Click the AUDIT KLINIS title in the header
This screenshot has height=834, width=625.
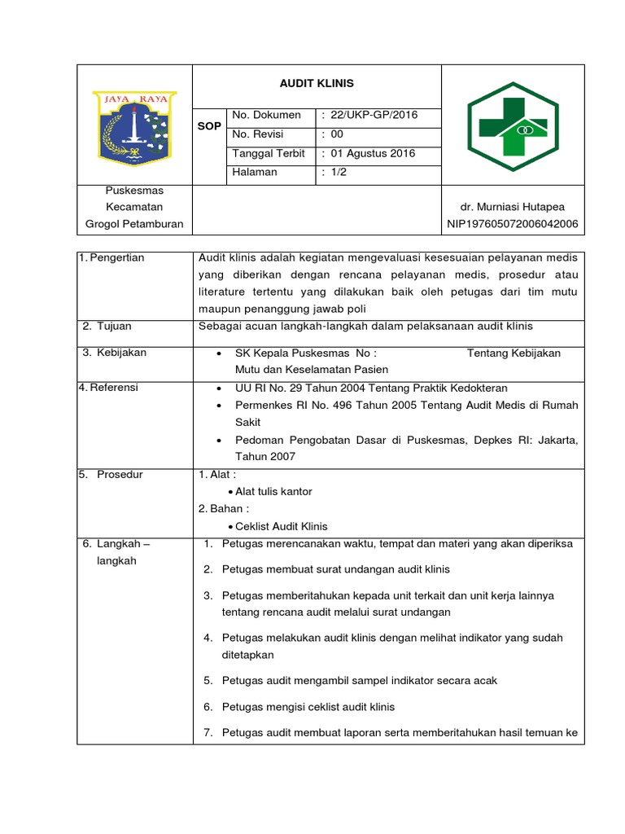coord(317,84)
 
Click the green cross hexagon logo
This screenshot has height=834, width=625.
coord(512,126)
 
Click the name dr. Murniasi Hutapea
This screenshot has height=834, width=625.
coord(512,207)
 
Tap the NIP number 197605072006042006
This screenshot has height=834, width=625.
coord(512,224)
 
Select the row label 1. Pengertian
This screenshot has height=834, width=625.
coord(111,258)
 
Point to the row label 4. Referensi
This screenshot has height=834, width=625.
coord(108,388)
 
